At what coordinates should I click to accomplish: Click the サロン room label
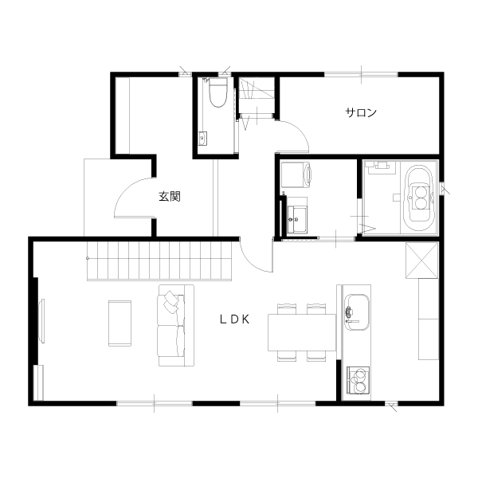pyautogui.click(x=361, y=113)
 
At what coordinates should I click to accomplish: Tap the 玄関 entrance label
pyautogui.click(x=170, y=196)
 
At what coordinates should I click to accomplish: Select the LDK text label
pyautogui.click(x=235, y=319)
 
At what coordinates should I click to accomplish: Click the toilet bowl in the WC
pyautogui.click(x=218, y=92)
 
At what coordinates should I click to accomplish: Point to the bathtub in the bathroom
pyautogui.click(x=419, y=198)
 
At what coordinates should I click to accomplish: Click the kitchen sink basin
pyautogui.click(x=357, y=312)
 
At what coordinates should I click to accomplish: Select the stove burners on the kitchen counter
pyautogui.click(x=358, y=379)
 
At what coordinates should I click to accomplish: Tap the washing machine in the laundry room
pyautogui.click(x=296, y=174)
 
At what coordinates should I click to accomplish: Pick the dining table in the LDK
pyautogui.click(x=302, y=332)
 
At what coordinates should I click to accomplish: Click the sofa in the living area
pyautogui.click(x=176, y=325)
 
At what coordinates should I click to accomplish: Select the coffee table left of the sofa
pyautogui.click(x=119, y=323)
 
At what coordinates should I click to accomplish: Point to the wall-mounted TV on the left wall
pyautogui.click(x=41, y=321)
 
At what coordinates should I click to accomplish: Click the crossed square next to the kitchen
pyautogui.click(x=422, y=261)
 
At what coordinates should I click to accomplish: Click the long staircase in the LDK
pyautogui.click(x=159, y=261)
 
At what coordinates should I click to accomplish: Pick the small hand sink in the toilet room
pyautogui.click(x=202, y=139)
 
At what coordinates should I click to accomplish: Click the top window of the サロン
pyautogui.click(x=361, y=74)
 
